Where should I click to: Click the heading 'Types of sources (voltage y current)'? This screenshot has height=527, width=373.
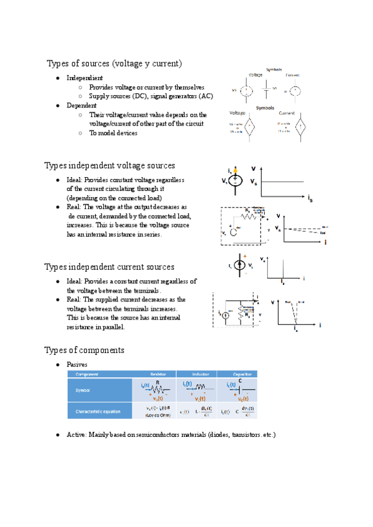(x=114, y=63)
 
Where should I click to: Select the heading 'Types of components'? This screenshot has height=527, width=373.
(x=85, y=350)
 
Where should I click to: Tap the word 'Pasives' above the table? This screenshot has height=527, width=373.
(x=78, y=364)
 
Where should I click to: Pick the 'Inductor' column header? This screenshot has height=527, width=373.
(x=200, y=374)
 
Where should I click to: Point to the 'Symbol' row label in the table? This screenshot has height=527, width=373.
(x=83, y=390)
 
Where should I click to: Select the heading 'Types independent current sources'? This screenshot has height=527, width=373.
(x=109, y=267)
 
